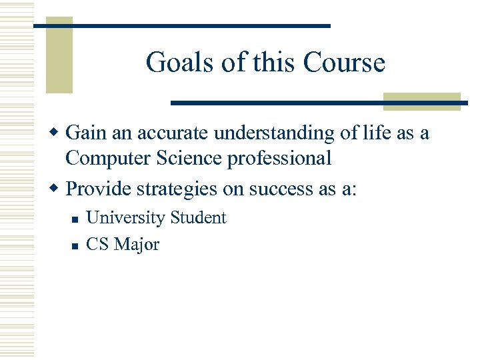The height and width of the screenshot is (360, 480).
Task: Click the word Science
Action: [x=189, y=159]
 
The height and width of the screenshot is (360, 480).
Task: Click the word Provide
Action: [x=98, y=189]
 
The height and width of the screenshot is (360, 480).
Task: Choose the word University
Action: [x=125, y=218]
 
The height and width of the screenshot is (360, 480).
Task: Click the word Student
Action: [x=198, y=218]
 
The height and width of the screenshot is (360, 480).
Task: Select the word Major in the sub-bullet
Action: [x=137, y=245]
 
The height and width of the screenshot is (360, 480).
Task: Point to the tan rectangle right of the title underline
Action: [x=422, y=101]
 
